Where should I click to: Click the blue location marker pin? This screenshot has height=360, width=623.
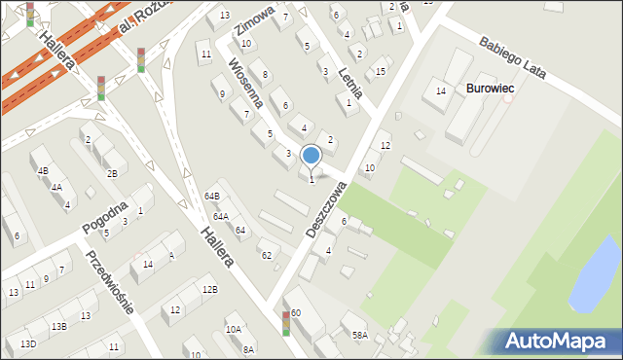tap(311, 155)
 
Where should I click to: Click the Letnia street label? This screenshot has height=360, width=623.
tap(352, 80)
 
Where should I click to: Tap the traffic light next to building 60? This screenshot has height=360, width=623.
tap(285, 324)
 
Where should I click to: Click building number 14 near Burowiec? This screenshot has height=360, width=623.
tap(440, 91)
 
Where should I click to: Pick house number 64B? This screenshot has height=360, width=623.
tap(211, 197)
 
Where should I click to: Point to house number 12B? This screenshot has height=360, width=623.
tap(209, 289)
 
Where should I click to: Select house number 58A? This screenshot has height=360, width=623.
tap(359, 336)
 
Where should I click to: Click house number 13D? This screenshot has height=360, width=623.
tap(28, 344)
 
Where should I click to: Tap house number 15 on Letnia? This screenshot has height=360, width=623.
tap(380, 72)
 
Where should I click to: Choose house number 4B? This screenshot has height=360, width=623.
tap(42, 171)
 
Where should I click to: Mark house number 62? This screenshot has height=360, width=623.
tap(266, 255)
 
